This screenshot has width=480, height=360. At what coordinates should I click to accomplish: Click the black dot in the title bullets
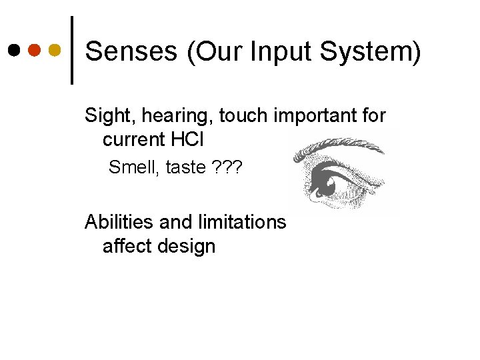(14, 51)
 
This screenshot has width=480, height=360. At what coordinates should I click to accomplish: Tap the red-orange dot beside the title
(35, 51)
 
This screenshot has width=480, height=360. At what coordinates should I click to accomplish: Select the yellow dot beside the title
(55, 51)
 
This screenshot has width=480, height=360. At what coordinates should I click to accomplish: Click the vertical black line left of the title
(72, 50)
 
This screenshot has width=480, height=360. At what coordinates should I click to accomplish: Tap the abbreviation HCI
(190, 140)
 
